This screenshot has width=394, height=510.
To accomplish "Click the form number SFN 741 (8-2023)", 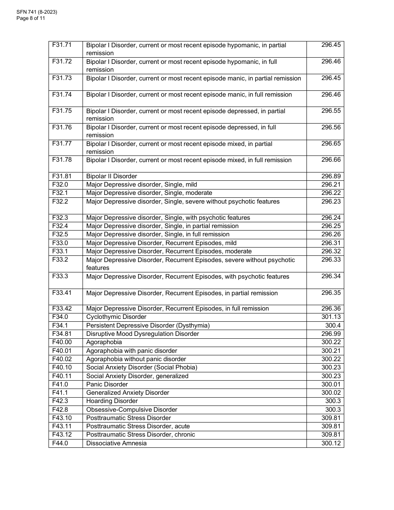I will [x=37, y=12].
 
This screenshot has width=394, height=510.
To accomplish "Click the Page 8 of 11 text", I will [x=31, y=18].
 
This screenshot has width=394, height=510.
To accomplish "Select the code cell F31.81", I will [x=62, y=176].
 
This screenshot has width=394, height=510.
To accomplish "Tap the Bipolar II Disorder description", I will [x=112, y=176].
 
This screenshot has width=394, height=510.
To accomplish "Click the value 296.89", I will [x=331, y=176].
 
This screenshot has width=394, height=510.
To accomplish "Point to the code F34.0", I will [x=60, y=317].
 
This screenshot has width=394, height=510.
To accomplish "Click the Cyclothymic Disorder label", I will [x=116, y=317].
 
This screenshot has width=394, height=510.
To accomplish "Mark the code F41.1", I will [x=60, y=393].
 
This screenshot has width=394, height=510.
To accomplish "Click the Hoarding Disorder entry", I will [x=112, y=401].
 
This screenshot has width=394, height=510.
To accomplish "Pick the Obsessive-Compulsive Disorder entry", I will [x=131, y=410].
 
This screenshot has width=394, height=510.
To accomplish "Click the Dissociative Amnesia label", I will [x=116, y=443].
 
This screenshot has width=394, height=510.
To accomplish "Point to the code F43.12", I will [x=62, y=435].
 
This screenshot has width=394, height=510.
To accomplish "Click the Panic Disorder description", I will [x=107, y=384].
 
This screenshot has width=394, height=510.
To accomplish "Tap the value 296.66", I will [x=331, y=160].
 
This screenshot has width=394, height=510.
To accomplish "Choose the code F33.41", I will [x=62, y=293].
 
